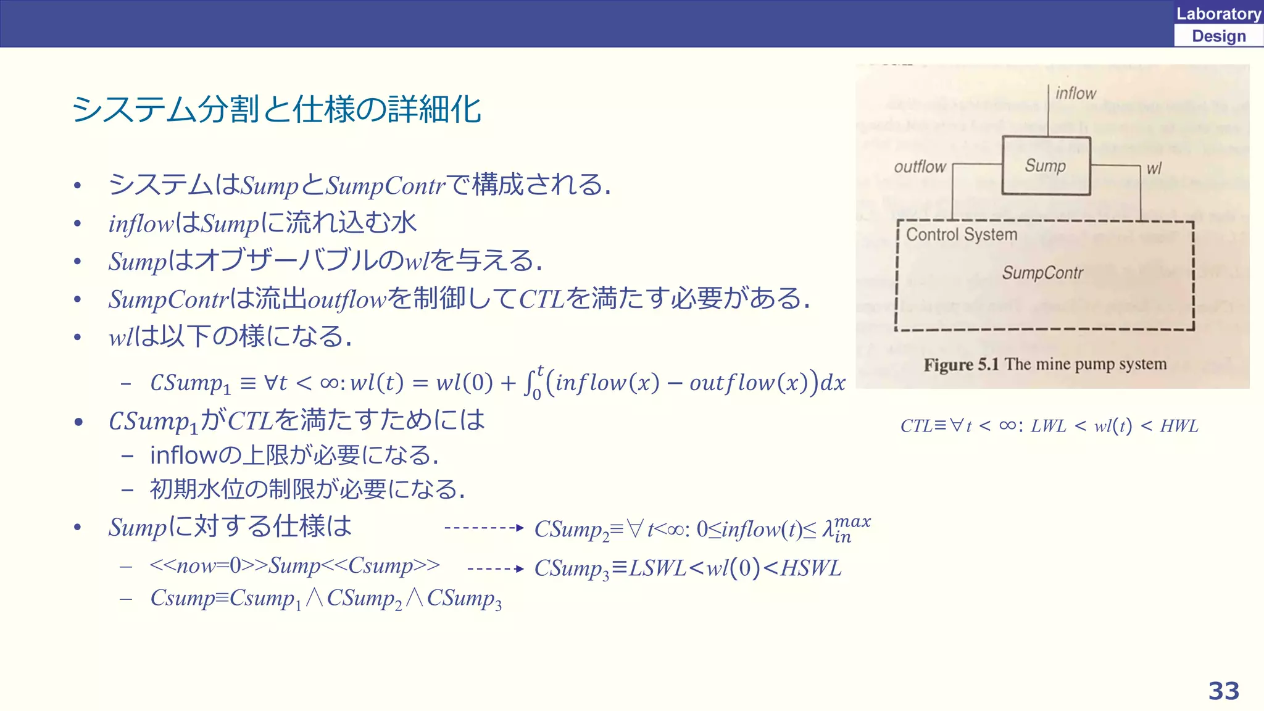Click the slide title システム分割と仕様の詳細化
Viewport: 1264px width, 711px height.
[x=276, y=110]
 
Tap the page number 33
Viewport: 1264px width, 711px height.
[x=1223, y=691]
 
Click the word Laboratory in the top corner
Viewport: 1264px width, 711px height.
[x=1218, y=14]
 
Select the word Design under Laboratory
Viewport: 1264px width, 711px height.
[x=1218, y=36]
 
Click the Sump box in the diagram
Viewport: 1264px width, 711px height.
[x=1046, y=165]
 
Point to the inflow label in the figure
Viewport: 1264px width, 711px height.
[x=1076, y=93]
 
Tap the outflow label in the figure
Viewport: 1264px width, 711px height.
[x=920, y=167]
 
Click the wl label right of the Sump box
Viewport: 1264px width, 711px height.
[x=1154, y=168]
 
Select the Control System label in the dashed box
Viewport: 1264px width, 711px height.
[x=962, y=235]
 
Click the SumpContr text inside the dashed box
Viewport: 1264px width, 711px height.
[x=1042, y=273]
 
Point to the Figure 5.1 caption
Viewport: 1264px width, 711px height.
[x=1045, y=364]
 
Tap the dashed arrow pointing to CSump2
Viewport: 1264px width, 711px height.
[x=484, y=528]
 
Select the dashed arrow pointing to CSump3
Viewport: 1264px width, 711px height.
[x=496, y=568]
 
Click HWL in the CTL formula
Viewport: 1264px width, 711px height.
[x=1179, y=426]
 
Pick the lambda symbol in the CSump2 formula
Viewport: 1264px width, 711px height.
[x=828, y=530]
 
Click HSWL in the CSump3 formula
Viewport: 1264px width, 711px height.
[x=810, y=568]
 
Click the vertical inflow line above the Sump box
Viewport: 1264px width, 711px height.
[x=1049, y=111]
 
